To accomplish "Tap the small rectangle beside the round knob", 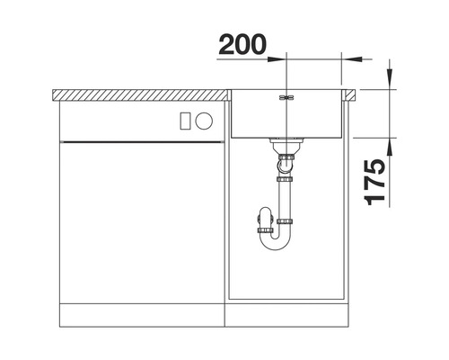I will coord(186,119).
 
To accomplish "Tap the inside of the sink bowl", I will coord(286,117).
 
